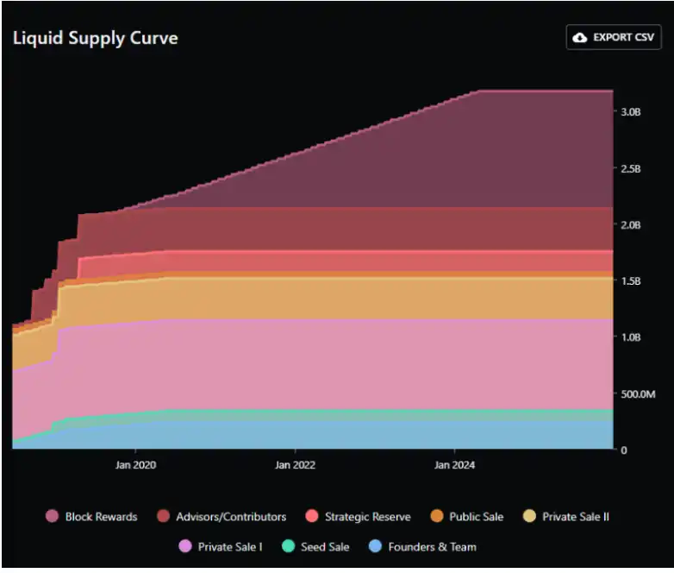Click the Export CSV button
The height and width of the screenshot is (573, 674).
coord(614,37)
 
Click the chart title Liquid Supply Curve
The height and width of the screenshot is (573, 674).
coord(96,38)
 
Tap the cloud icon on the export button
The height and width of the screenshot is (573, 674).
coord(580,38)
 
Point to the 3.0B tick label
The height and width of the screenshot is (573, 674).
coord(631,112)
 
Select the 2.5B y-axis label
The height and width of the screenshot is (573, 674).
coord(631,169)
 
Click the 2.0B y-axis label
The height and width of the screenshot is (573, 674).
coord(631,225)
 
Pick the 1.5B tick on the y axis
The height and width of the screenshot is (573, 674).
coord(631,281)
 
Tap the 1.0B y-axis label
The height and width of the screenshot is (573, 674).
coord(631,337)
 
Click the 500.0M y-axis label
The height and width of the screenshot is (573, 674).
coord(638,394)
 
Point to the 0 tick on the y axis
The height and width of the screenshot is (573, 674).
coord(624,450)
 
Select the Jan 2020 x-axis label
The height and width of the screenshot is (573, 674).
coord(135,465)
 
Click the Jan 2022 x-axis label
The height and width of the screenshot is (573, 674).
coord(295,465)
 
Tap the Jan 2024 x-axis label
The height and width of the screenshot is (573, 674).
coord(454,465)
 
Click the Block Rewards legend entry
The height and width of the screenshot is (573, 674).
coord(91,516)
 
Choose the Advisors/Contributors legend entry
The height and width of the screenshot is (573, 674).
coord(222,516)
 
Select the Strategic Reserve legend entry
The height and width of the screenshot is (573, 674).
coord(358,516)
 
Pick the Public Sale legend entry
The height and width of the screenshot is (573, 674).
coord(467,516)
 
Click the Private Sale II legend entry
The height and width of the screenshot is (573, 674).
coord(565,516)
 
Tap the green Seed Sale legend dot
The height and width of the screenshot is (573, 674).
coord(288,546)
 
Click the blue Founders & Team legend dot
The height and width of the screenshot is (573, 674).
coord(375,546)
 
